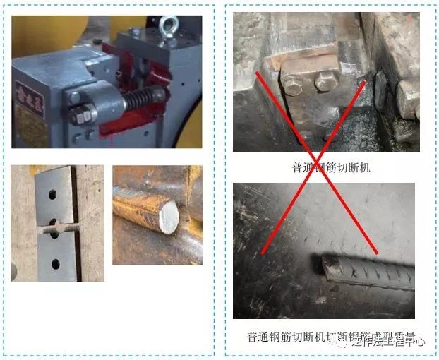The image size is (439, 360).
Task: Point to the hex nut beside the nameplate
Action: [83, 114]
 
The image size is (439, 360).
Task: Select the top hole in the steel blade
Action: [54, 191]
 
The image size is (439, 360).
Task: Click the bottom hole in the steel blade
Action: [56, 264]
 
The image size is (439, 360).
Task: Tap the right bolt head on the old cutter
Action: [325, 80]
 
